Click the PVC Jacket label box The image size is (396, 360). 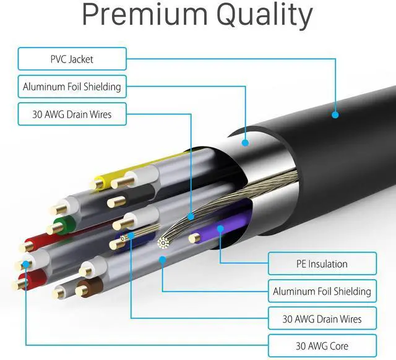72,60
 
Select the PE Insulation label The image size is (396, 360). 322,264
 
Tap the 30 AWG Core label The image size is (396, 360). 322,345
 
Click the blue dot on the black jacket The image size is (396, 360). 335,114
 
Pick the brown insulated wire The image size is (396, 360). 93,286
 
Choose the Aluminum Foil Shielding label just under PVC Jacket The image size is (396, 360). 72,87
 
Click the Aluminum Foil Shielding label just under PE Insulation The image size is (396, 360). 322,291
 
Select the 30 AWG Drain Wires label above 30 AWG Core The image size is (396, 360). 322,319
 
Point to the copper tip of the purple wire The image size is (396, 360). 194,236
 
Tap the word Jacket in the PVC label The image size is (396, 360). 84,60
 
